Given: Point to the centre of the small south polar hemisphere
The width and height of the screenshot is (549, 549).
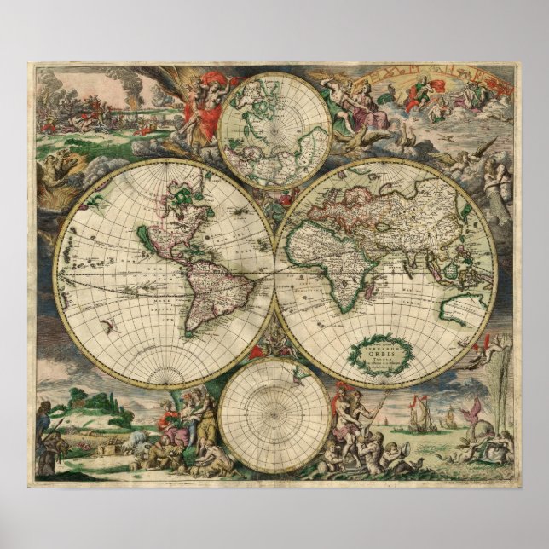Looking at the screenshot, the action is point(274,416).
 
